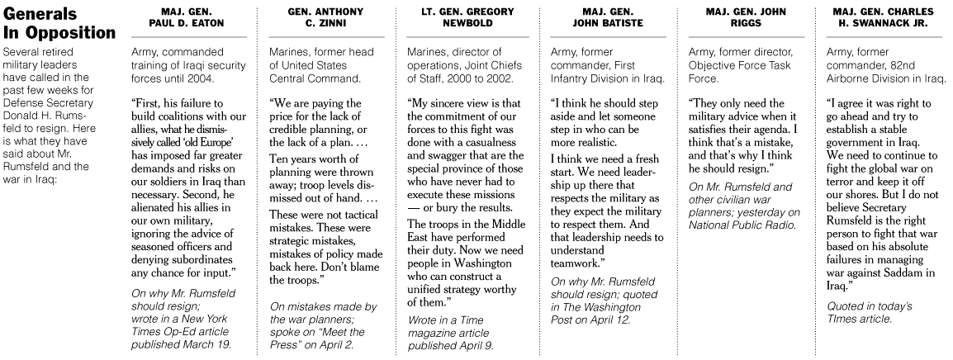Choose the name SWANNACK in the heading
(880, 24)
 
